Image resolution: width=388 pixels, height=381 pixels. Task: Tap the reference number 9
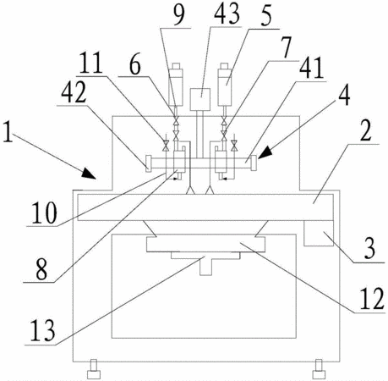[x=178, y=14]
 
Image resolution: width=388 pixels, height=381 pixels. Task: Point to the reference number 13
[x=42, y=331]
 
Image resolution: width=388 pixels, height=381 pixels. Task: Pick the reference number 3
[x=369, y=248]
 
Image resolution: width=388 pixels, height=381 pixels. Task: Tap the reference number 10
[x=45, y=213]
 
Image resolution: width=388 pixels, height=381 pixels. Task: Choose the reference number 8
[x=41, y=270]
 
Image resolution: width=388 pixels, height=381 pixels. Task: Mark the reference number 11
[x=90, y=63]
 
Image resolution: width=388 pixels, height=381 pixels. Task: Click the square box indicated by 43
[x=200, y=99]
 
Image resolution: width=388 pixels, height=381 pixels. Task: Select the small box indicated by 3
[x=319, y=234]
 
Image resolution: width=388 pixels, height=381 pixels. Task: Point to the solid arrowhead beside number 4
[x=265, y=152]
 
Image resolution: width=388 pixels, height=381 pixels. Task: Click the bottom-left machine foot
[x=94, y=369]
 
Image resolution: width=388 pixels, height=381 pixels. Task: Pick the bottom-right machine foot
[x=319, y=369]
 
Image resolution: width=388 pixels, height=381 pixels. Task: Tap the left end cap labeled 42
[x=148, y=163]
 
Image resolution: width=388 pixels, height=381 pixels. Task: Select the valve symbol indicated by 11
[x=166, y=146]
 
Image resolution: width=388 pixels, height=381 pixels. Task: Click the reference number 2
[x=366, y=130]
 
